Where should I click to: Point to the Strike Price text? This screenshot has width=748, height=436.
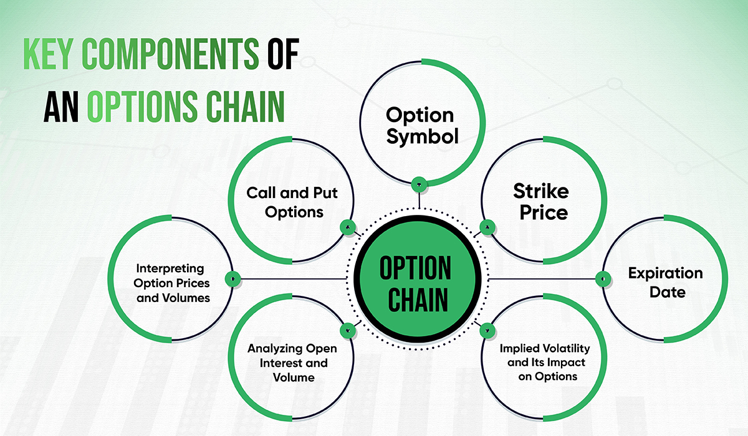pos(540,201)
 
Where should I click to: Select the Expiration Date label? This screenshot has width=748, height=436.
pos(664,282)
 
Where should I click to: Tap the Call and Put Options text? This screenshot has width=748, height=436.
pos(292,202)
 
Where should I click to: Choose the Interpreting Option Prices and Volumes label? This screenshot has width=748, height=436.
pos(170,283)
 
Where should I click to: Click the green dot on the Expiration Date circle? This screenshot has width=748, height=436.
pos(603,278)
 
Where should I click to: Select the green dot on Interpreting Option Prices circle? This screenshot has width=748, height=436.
pos(232,278)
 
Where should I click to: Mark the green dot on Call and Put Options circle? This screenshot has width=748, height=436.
pos(347,227)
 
